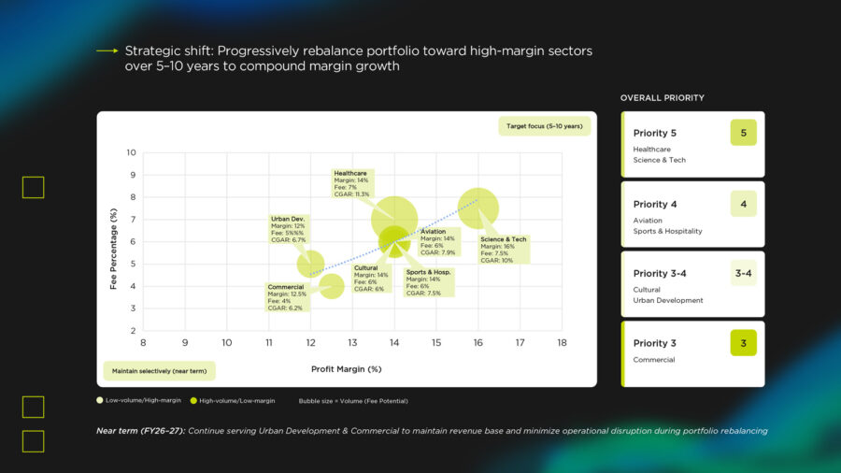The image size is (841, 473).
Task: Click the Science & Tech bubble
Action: tap(478, 208)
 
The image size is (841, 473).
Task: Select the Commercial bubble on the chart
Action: tap(332, 286)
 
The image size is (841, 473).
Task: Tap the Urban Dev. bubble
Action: tap(310, 265)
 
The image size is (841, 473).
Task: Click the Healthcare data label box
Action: tap(351, 183)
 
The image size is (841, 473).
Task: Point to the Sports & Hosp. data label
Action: tap(428, 282)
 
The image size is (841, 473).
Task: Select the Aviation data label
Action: tap(438, 241)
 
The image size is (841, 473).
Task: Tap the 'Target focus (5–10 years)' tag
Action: tap(544, 125)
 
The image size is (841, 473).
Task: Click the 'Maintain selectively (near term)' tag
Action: tap(158, 371)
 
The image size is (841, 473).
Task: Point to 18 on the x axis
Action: tap(562, 343)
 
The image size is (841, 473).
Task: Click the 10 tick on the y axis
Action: tap(132, 152)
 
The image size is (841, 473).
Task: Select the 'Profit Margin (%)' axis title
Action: tap(347, 369)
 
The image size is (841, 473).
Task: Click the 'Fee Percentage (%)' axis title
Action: tap(113, 249)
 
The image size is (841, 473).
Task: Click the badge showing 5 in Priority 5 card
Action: tap(743, 133)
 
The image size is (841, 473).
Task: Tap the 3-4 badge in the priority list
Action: tap(743, 273)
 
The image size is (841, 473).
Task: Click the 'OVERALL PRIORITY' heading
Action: tap(663, 97)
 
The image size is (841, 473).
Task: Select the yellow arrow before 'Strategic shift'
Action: tap(107, 50)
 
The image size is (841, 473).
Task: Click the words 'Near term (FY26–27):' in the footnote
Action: tap(140, 431)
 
